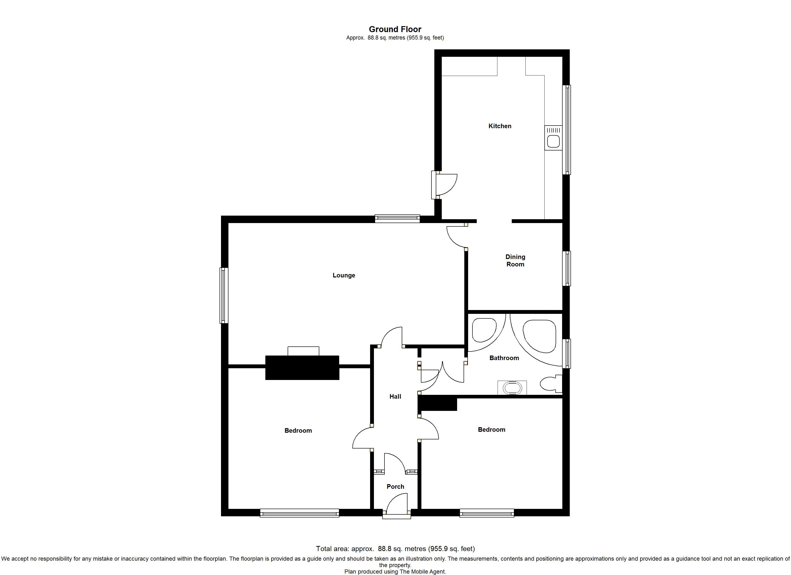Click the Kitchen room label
click(x=500, y=126)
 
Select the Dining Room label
click(x=515, y=260)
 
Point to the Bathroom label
click(x=504, y=358)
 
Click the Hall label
click(x=395, y=397)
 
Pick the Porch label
click(x=395, y=486)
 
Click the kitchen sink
click(x=553, y=138)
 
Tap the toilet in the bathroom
click(x=551, y=384)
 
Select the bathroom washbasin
click(x=512, y=388)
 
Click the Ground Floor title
click(x=395, y=29)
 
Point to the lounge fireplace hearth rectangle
click(x=303, y=351)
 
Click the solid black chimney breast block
click(x=302, y=368)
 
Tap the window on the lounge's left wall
click(x=224, y=295)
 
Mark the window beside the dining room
click(x=567, y=269)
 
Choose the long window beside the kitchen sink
click(x=567, y=130)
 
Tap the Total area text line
click(x=395, y=548)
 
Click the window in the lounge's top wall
click(x=397, y=219)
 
